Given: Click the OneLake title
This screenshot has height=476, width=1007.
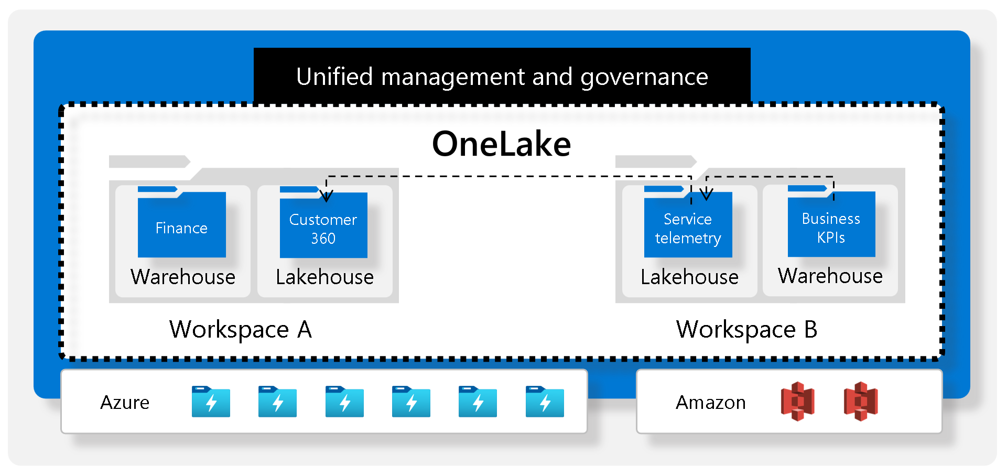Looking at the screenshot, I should (x=501, y=144).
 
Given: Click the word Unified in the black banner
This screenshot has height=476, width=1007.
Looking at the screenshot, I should (x=334, y=77).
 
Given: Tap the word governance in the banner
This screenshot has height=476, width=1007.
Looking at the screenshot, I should (x=644, y=77).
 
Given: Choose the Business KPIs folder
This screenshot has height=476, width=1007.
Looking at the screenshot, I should (x=831, y=225).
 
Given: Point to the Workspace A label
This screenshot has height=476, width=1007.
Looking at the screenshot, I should (x=240, y=330).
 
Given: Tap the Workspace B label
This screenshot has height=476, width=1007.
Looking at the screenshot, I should (x=746, y=330).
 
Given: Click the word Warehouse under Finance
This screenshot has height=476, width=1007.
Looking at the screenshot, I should (x=183, y=277).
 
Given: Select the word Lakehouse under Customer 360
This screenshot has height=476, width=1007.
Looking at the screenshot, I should (x=324, y=277).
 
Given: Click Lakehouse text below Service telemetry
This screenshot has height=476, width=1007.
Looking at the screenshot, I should (x=689, y=277).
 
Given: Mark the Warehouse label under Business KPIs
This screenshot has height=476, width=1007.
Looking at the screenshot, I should (x=830, y=276).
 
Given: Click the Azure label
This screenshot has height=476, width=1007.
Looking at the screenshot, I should (x=125, y=403).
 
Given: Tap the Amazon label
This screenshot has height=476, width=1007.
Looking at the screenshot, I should (x=710, y=403).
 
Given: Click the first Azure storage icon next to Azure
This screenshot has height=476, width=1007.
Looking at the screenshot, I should (x=211, y=402).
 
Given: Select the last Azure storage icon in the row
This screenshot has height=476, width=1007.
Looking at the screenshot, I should (x=545, y=402).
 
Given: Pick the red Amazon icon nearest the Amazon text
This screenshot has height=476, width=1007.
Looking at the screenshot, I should (x=797, y=402).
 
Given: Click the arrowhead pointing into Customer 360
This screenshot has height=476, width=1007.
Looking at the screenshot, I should (x=326, y=197).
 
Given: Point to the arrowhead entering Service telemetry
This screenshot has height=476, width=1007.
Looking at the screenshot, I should (x=706, y=195).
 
